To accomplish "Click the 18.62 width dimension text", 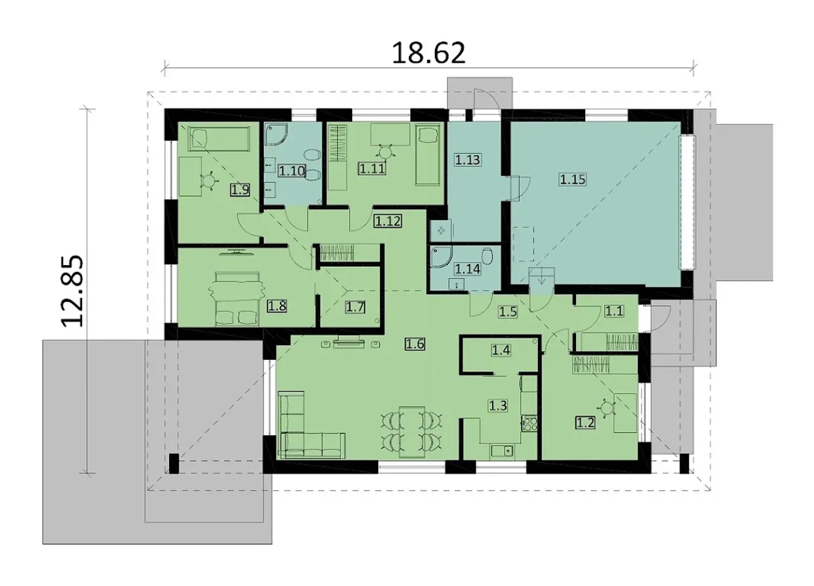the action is tap(429, 53).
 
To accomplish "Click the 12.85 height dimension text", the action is tap(72, 291).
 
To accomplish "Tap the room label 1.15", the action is tap(573, 179).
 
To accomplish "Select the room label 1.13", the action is tap(467, 160).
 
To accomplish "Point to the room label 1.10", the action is tap(292, 170).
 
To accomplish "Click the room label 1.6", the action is tap(415, 343).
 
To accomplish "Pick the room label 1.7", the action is tap(355, 307).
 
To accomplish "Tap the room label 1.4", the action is tap(501, 350).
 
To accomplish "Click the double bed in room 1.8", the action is tap(237, 299).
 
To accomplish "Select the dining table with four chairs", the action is tap(411, 432).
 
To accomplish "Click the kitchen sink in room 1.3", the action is tap(502, 451).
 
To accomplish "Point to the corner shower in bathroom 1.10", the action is tap(276, 135).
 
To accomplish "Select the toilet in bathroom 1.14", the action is tap(488, 256).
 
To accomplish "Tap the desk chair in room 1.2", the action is tap(607, 409).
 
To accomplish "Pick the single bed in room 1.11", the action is tap(427, 155).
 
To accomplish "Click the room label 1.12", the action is tap(388, 221).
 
